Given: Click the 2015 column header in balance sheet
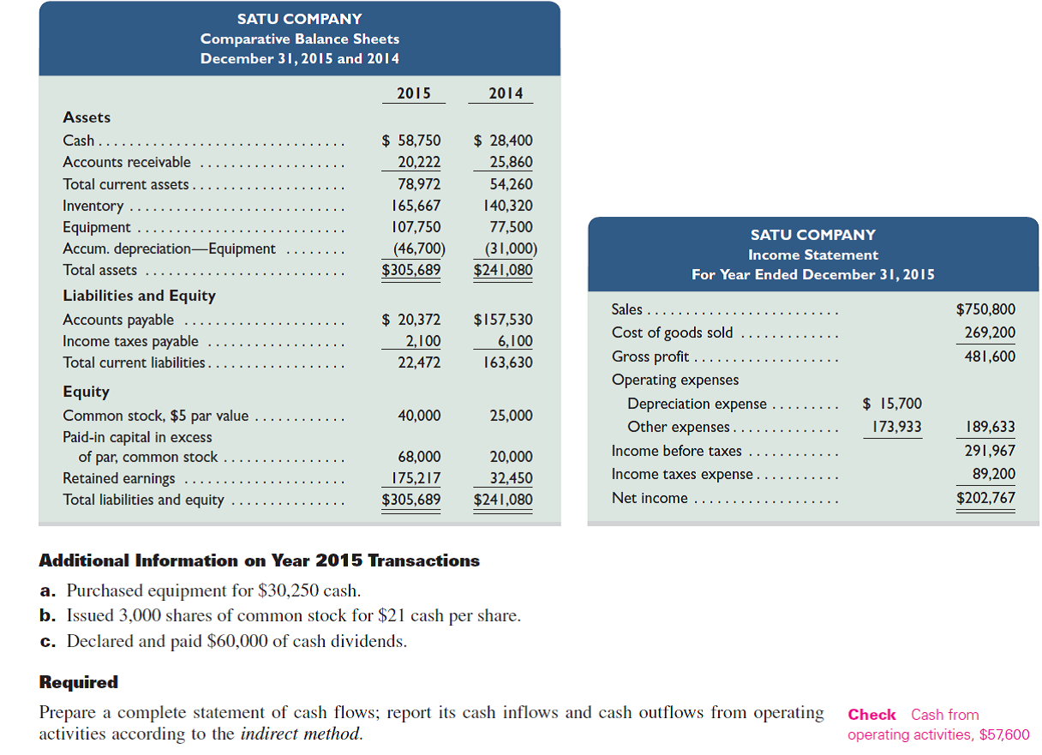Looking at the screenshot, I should [414, 93].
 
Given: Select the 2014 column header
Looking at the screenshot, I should [505, 93].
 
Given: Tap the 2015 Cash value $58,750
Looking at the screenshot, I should [411, 141].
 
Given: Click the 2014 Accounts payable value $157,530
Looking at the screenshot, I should [503, 320].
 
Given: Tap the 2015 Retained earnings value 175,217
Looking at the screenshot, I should [416, 478].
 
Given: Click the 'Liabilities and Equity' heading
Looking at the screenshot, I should [139, 296].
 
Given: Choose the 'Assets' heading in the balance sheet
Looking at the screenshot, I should [87, 117].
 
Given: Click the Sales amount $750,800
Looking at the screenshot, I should [985, 309].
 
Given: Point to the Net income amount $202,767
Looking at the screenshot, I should [985, 498].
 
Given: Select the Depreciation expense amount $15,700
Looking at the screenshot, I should [892, 404].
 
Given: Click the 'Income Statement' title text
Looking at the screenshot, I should [812, 255].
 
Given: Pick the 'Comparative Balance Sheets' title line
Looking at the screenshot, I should [299, 39].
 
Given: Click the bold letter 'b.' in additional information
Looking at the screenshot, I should [49, 615].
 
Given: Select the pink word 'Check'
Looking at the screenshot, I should [871, 715].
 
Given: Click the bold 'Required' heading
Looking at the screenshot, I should [79, 682].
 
